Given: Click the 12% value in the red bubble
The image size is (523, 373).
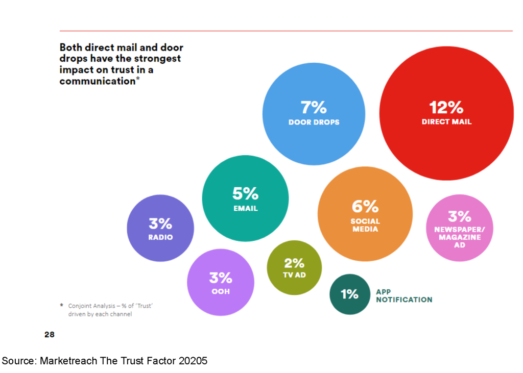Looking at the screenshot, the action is [446, 107].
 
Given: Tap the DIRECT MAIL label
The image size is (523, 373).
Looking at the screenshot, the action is [446, 122].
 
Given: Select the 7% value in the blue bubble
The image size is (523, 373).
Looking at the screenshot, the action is [314, 107].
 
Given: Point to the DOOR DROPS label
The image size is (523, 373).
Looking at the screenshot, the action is [314, 122].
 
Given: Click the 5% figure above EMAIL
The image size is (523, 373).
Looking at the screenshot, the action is [246, 193].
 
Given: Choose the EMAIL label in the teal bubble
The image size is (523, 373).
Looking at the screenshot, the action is [246, 208].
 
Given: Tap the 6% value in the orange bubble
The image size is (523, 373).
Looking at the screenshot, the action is [365, 207].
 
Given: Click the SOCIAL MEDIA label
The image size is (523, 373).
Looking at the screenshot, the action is [365, 225].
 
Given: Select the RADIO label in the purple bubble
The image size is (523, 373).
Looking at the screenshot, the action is [160, 237].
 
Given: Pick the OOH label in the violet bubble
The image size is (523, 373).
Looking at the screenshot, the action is [221, 292].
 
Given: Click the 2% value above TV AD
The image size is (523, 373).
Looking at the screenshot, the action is [294, 263].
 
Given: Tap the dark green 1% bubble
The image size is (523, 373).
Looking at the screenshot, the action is [350, 294].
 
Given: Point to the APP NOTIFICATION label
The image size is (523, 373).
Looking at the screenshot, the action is [404, 295].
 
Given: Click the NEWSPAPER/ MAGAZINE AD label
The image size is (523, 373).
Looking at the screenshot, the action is [460, 237].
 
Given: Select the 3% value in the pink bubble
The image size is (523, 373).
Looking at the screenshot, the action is [460, 217].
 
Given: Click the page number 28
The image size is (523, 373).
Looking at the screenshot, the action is [50, 334].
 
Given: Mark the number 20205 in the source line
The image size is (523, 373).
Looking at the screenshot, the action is [193, 361].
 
